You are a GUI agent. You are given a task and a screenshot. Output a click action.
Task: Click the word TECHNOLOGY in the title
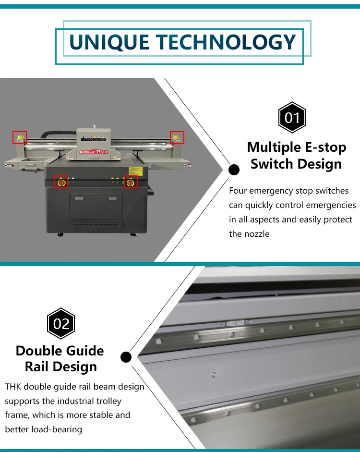coord(226,42)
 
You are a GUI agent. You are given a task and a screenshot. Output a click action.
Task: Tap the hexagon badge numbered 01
coord(292,118)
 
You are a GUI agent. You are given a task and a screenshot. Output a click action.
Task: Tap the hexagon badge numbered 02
coord(61,323)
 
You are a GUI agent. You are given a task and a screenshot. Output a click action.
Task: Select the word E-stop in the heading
coord(324,147)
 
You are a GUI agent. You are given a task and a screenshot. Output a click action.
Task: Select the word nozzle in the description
coord(255,234)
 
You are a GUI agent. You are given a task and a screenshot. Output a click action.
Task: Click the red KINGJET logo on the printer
coord(86,153)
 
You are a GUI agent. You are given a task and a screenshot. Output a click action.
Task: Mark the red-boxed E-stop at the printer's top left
coord(20,138)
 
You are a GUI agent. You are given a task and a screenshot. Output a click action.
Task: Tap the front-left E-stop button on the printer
coord(60,182)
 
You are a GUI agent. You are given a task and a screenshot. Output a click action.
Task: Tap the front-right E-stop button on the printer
coord(131,182)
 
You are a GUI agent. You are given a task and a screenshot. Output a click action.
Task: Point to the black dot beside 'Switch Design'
coord(234,170)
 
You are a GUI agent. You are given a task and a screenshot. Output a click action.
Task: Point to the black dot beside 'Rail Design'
coord(126,356)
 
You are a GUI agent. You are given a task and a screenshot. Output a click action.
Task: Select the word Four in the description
coord(239,191)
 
